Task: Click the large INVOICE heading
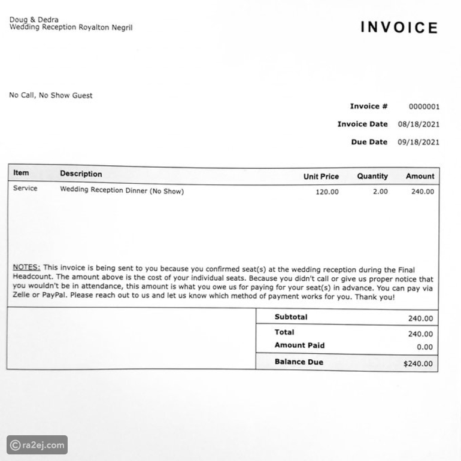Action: pyautogui.click(x=399, y=28)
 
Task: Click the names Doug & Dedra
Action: pyautogui.click(x=34, y=20)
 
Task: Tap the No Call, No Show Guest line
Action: pyautogui.click(x=51, y=95)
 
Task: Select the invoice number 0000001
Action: pyautogui.click(x=424, y=107)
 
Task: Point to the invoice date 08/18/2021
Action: pyautogui.click(x=418, y=125)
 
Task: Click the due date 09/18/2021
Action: pyautogui.click(x=418, y=142)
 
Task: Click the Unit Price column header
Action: pyautogui.click(x=321, y=177)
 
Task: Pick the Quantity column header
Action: pyautogui.click(x=372, y=177)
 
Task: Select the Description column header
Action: pyautogui.click(x=81, y=174)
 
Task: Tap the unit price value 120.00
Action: pyautogui.click(x=327, y=192)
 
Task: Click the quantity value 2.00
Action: pyautogui.click(x=380, y=192)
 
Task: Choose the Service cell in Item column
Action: pyautogui.click(x=25, y=189)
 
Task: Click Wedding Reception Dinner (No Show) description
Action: pyautogui.click(x=122, y=192)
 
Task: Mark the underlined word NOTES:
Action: pyautogui.click(x=26, y=268)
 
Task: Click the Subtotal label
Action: pyautogui.click(x=291, y=317)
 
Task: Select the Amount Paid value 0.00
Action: pyautogui.click(x=424, y=347)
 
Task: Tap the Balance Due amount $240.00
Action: pyautogui.click(x=418, y=363)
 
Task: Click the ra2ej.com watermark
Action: pyautogui.click(x=37, y=445)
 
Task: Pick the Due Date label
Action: pyautogui.click(x=369, y=142)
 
